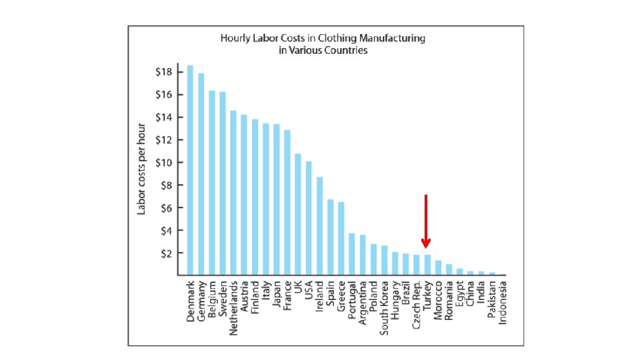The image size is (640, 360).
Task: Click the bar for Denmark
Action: pos(190,170)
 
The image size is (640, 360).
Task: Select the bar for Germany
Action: pos(201,174)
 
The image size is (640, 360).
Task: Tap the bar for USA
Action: pos(309,219)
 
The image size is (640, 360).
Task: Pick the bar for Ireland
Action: pos(319,226)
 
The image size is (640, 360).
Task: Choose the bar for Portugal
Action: pos(352,254)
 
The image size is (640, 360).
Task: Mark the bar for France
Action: pos(287,203)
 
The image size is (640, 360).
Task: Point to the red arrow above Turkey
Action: pos(426,221)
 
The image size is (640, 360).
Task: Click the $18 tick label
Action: pos(164,72)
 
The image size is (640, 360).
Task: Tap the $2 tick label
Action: pos(166,253)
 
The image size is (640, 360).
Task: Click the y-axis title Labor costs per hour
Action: pos(141,169)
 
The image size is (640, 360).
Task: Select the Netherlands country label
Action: pos(233,308)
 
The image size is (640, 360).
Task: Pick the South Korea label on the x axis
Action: pos(384,308)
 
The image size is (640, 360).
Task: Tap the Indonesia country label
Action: pos(503,303)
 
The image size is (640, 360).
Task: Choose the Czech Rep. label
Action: pos(416,305)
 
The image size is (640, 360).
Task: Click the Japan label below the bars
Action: pos(276,294)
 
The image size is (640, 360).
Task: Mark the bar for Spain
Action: pos(330,237)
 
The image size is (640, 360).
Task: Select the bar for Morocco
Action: pos(438,268)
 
